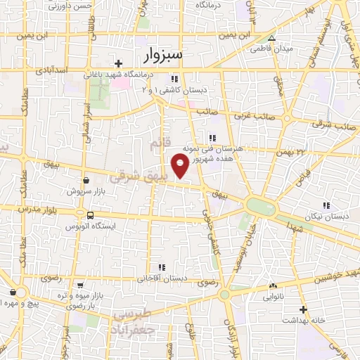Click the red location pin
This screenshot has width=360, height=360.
180,166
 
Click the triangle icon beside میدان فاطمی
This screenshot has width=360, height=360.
272,39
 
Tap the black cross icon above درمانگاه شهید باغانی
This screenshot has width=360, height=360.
119,63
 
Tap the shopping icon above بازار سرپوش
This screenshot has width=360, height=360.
85,180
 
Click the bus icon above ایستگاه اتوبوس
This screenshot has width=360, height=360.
90,216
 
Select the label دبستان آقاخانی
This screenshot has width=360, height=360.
162,278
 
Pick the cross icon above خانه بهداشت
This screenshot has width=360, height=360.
303,309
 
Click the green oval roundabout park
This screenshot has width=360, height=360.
260,207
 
